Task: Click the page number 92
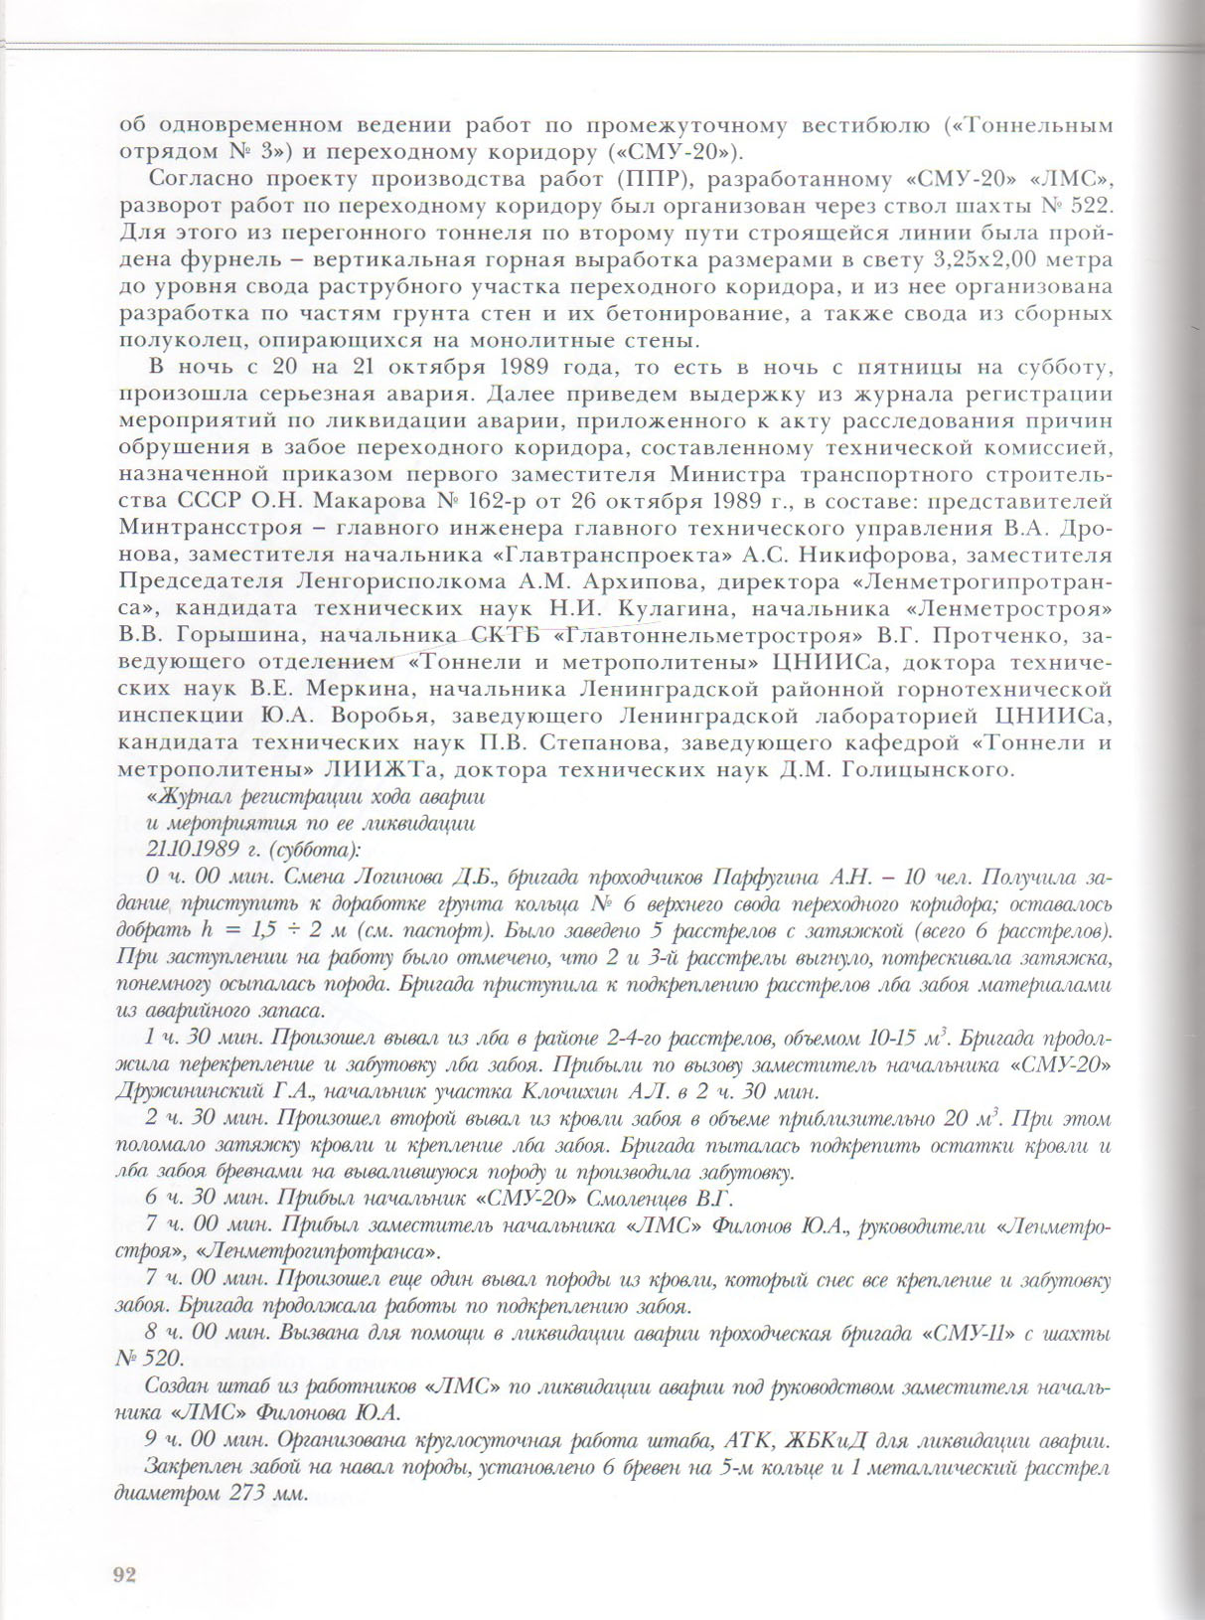125,1573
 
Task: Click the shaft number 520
166,1360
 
